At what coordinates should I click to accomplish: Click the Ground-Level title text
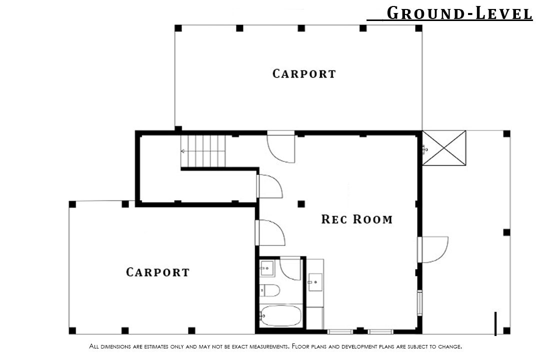[x=459, y=13]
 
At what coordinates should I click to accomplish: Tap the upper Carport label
[x=304, y=73]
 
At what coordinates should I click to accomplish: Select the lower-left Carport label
[x=157, y=272]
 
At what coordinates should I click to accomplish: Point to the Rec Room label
[x=357, y=219]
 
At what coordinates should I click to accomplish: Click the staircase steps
[x=203, y=151]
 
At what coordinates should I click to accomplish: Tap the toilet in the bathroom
[x=269, y=290]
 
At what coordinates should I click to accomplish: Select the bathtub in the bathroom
[x=280, y=316]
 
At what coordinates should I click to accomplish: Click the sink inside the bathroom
[x=267, y=268]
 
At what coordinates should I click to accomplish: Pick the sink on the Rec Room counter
[x=315, y=282]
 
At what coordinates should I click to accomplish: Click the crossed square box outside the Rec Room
[x=444, y=148]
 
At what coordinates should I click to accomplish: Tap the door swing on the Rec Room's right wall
[x=434, y=249]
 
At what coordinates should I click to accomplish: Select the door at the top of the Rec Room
[x=281, y=147]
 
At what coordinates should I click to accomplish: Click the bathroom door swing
[x=290, y=268]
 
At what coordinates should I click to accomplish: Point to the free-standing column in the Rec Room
[x=301, y=204]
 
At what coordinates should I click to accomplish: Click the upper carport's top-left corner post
[x=178, y=28]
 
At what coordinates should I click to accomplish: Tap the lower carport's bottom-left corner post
[x=72, y=330]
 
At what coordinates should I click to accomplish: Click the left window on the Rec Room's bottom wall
[x=340, y=332]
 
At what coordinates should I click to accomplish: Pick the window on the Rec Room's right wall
[x=420, y=303]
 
